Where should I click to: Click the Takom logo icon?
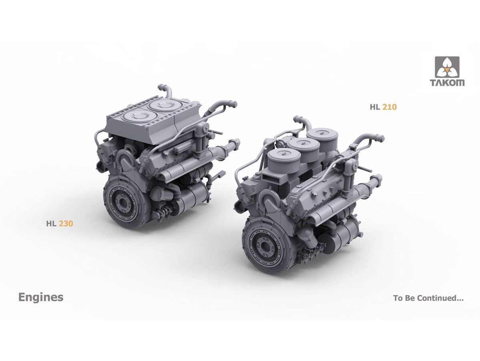446,67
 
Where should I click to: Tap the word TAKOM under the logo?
446,83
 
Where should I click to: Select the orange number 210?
390,107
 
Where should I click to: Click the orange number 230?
66,224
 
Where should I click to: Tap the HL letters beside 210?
375,107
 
